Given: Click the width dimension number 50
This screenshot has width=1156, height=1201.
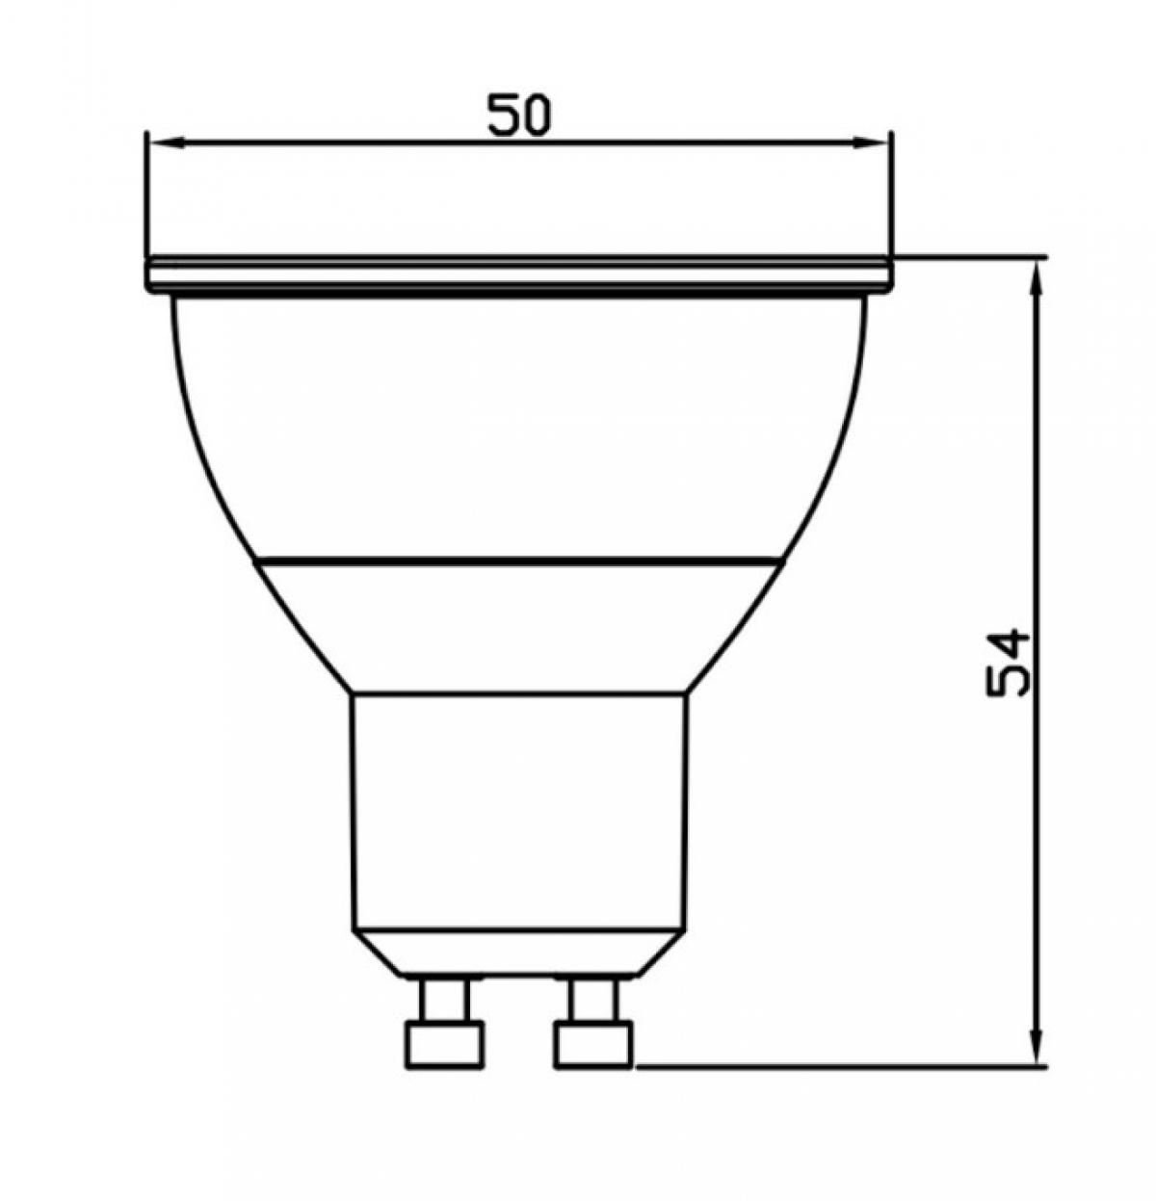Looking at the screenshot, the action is [518, 115].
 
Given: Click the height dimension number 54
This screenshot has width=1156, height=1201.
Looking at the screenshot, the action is [1008, 663].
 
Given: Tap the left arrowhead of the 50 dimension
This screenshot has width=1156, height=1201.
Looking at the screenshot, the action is [168, 143].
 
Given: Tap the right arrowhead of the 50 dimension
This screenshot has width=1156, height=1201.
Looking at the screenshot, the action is [870, 143].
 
